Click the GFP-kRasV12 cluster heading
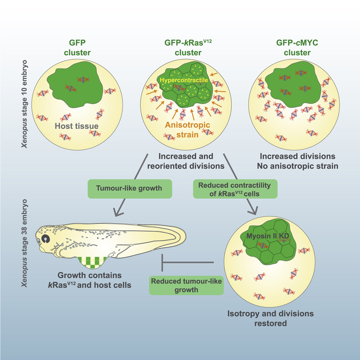tap(183, 47)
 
